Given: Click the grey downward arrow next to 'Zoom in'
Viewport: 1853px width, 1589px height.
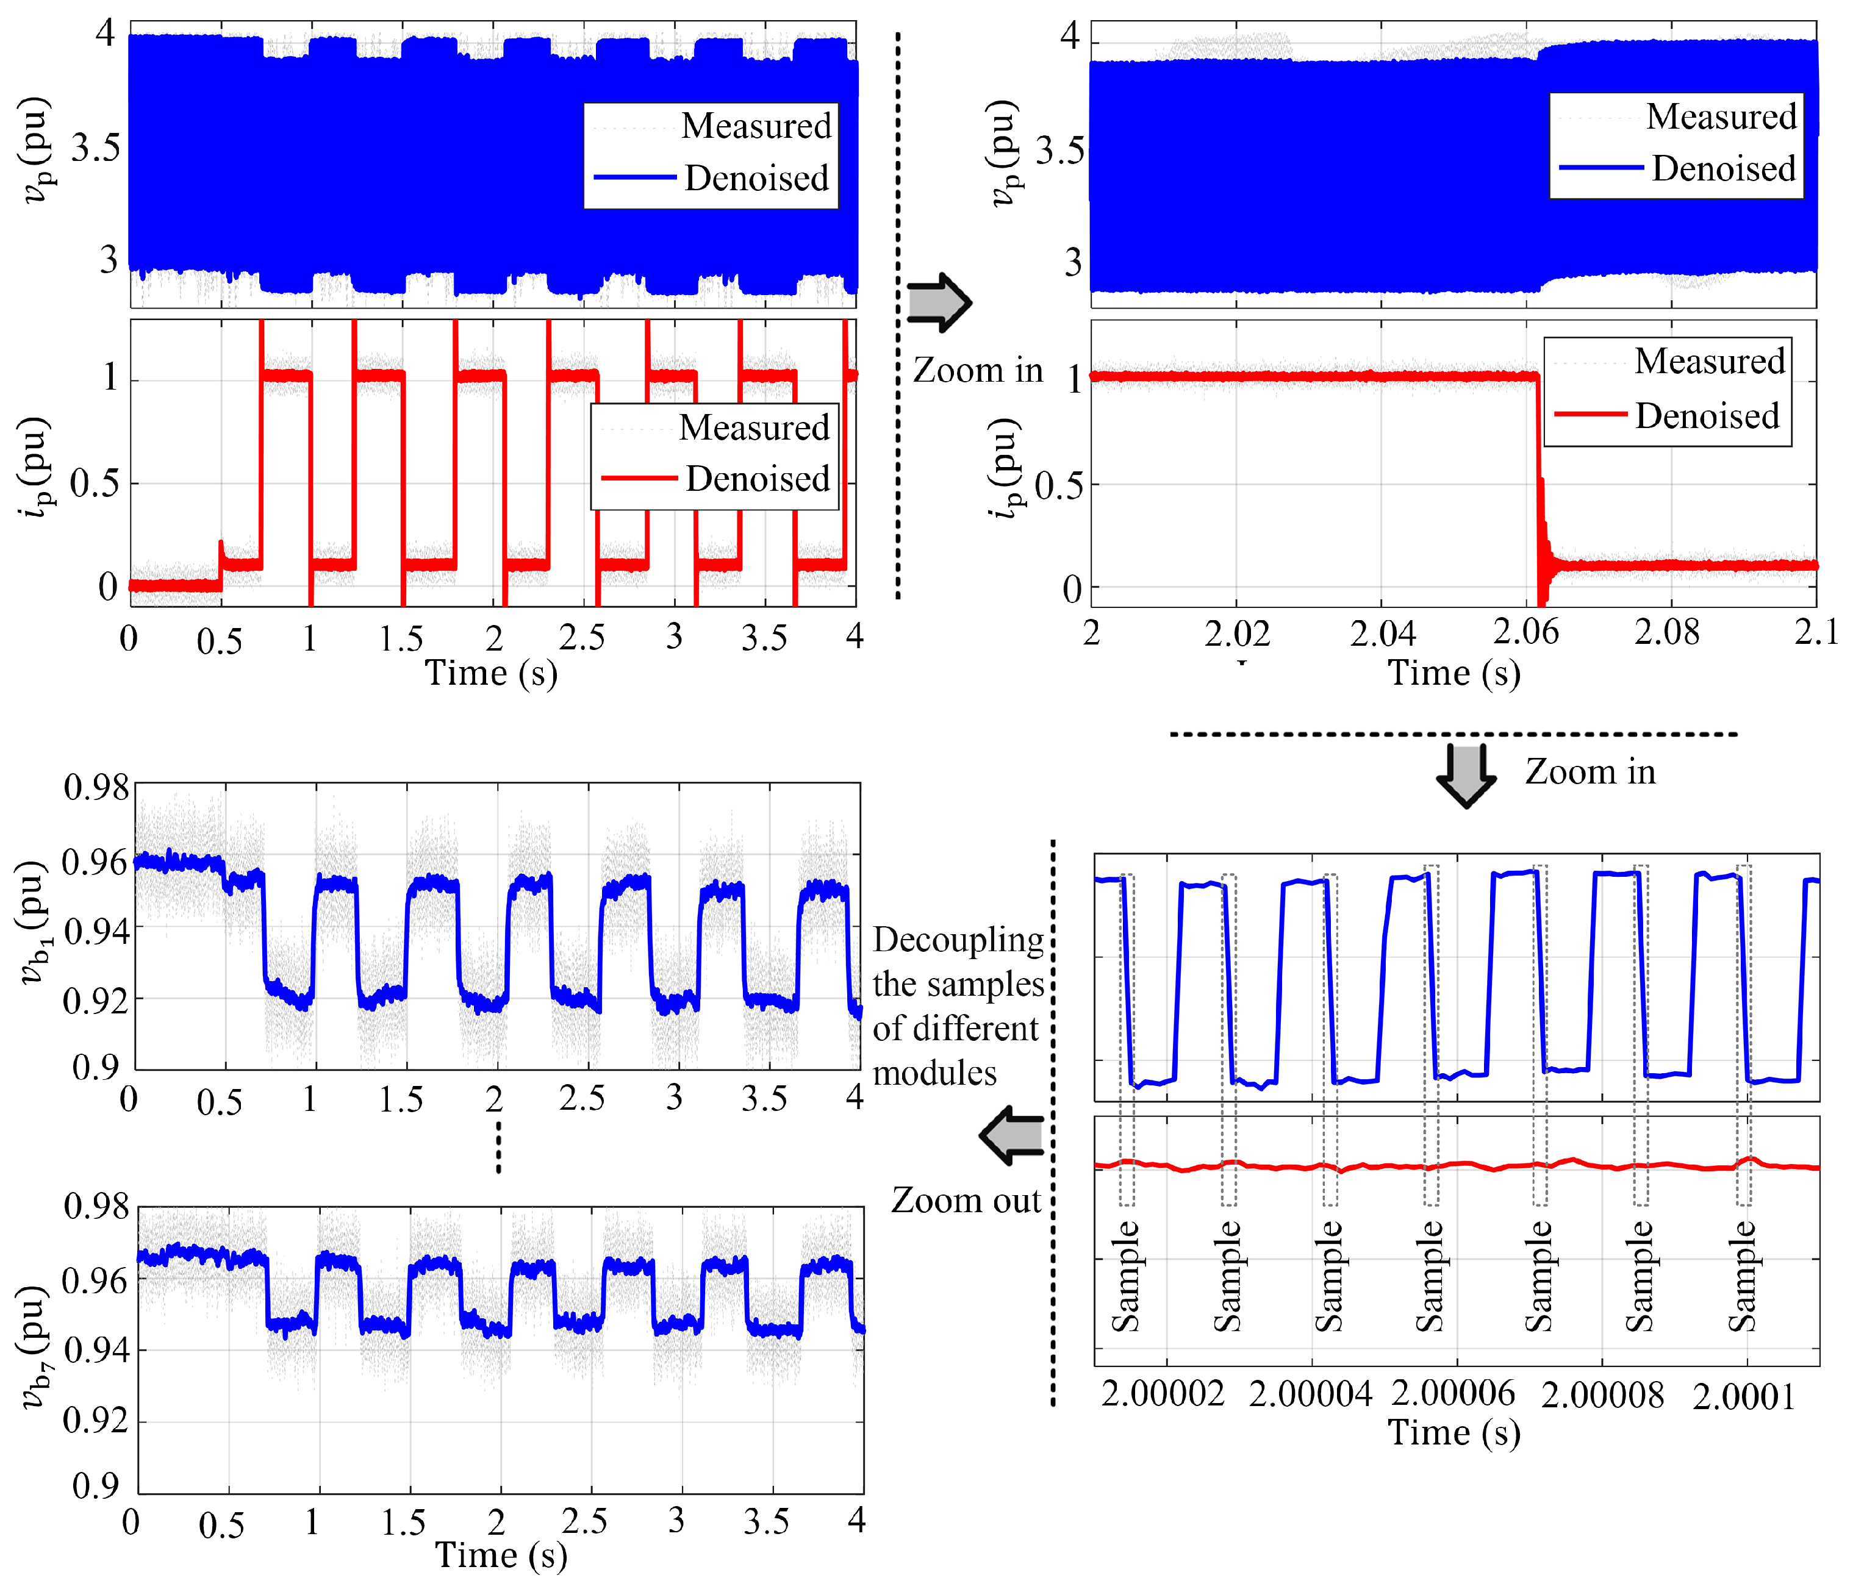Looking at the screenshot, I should pos(1466,774).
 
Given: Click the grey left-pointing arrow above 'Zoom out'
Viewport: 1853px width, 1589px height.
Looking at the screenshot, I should pos(1013,1135).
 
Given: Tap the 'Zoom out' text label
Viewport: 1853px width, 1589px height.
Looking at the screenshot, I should pos(966,1200).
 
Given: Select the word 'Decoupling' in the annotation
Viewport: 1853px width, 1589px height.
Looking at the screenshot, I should pos(958,940).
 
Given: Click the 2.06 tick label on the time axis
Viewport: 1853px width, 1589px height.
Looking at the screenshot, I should pos(1525,632).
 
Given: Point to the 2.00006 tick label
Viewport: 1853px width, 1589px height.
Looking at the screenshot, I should pos(1453,1394).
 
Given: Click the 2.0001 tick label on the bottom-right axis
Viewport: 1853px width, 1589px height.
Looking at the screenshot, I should pos(1743,1396).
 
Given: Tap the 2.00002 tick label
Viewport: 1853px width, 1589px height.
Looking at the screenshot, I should pos(1163,1394).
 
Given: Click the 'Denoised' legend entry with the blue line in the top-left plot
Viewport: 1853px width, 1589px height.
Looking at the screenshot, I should pos(756,179).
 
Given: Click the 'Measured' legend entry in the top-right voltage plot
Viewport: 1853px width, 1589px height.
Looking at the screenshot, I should pos(1721,117).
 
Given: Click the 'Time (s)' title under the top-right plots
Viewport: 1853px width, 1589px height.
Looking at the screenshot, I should pos(1453,673).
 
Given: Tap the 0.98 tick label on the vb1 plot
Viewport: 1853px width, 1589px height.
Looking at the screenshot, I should pos(96,788).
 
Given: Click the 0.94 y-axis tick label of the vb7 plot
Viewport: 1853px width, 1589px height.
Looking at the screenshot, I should pos(96,1350).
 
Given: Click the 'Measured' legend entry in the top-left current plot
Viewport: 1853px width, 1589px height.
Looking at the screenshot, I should pos(754,427).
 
